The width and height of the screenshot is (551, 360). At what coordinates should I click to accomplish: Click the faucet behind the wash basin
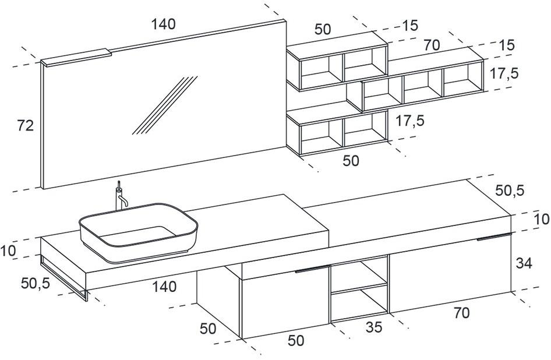[121, 197]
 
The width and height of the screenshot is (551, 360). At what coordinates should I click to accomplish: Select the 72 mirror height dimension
[25, 126]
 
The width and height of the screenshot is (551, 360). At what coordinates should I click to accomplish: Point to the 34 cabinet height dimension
[524, 263]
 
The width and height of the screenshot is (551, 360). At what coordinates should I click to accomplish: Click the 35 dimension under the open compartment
[375, 327]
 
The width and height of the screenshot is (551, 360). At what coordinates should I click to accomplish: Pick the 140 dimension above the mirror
[163, 24]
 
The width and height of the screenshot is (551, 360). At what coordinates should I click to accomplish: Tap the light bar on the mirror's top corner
[76, 57]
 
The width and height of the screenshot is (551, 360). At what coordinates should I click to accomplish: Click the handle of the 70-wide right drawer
[494, 237]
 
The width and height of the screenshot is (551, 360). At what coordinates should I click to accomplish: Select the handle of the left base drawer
[312, 269]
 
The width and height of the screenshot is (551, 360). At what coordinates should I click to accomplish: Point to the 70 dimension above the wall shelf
[431, 44]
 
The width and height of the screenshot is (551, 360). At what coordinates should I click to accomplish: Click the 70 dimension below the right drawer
[461, 313]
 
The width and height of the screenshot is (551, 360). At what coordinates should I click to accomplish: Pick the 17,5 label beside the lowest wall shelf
[409, 121]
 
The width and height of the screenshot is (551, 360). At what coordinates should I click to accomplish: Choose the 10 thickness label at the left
[8, 252]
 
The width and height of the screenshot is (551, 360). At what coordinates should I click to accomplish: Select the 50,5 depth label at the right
[510, 190]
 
